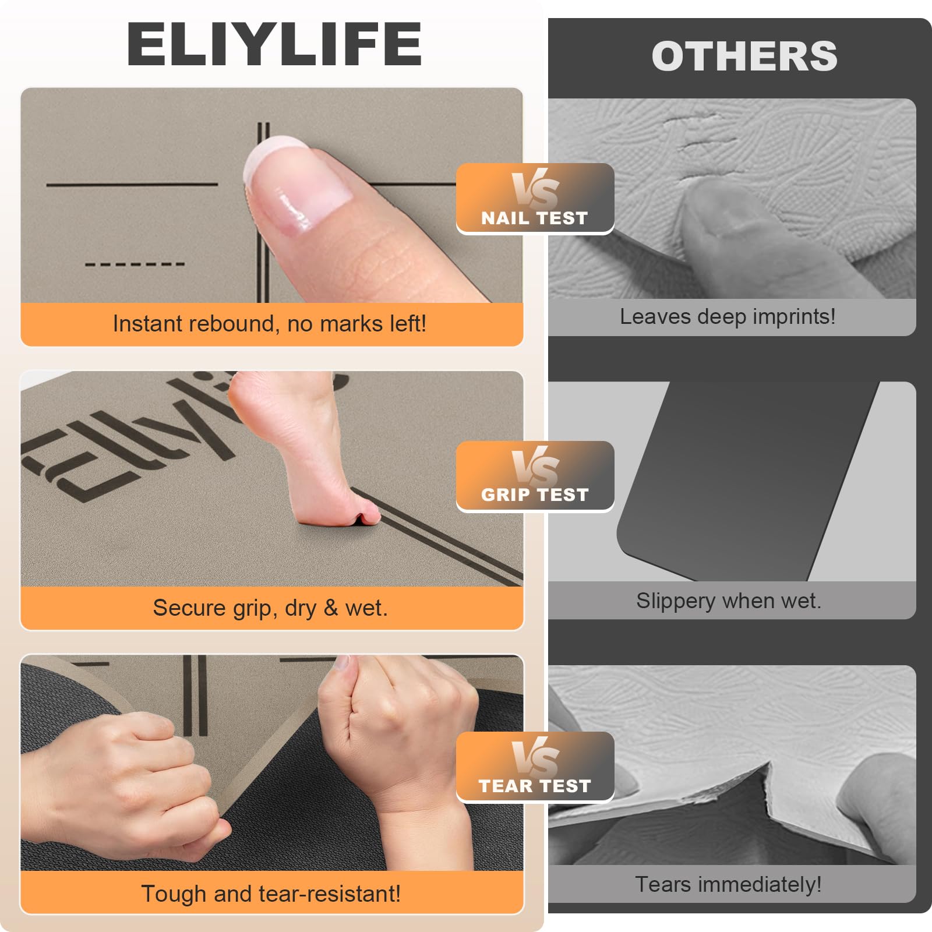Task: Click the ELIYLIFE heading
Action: [x=274, y=44]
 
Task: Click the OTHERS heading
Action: [x=744, y=57]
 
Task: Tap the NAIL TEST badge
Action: [x=535, y=199]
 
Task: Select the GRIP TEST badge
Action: [x=535, y=476]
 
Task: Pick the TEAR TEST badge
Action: [x=535, y=767]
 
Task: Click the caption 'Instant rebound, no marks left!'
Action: [x=270, y=323]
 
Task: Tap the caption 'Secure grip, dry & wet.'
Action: [x=270, y=608]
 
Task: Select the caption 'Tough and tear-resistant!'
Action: [x=271, y=894]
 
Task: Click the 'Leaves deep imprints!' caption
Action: [x=728, y=317]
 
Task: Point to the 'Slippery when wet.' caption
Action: [x=729, y=601]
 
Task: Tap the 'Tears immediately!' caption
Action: [x=728, y=884]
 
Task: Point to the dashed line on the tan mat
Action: [x=135, y=264]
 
